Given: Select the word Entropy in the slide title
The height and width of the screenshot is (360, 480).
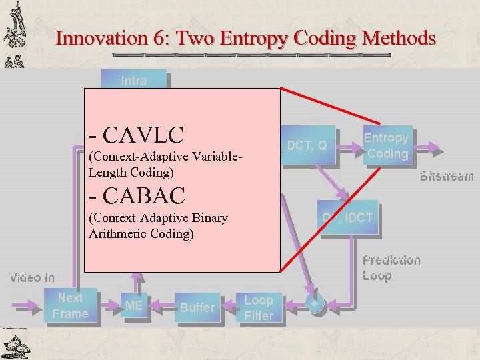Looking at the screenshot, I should [x=255, y=39].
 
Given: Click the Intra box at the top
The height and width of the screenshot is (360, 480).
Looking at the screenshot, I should [x=134, y=80].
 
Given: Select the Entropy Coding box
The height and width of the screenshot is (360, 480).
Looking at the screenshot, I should [x=387, y=145].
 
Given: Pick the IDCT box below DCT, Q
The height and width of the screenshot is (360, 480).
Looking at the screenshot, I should [x=348, y=217].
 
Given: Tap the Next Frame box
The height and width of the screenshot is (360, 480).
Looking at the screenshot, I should [x=71, y=305].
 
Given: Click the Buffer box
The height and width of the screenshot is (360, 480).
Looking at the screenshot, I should [x=197, y=307].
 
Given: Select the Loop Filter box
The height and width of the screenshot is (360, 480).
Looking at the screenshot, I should [x=259, y=308].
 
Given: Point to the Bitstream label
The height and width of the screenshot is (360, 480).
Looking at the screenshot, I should [x=447, y=177].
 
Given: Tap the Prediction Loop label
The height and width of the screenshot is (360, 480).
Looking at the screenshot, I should [x=391, y=267].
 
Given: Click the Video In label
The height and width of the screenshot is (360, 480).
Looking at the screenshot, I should [x=31, y=277].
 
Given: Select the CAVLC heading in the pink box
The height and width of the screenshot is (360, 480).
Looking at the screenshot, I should [x=136, y=135].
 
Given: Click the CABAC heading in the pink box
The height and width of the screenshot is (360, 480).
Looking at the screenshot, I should [x=136, y=195].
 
